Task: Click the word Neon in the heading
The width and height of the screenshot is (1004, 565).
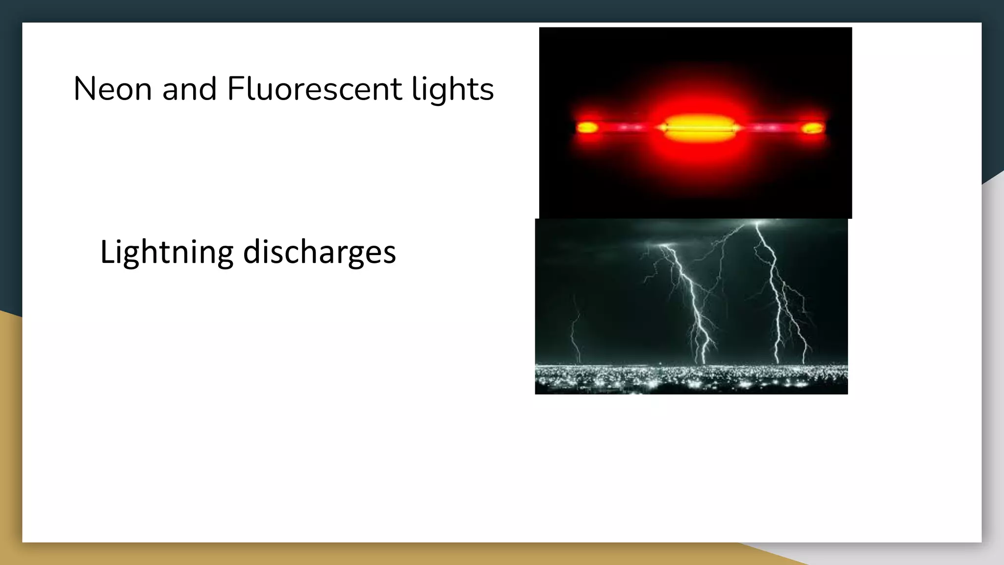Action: pos(112,89)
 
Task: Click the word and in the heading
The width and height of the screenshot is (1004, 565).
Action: pos(189,89)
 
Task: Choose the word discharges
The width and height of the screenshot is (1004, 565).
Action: pos(319,252)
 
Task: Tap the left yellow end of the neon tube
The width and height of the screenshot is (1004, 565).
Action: pos(586,128)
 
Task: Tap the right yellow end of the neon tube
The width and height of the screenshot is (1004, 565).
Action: pos(813,128)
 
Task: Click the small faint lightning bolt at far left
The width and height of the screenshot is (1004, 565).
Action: pos(575,329)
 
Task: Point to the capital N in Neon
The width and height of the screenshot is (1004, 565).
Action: pos(84,89)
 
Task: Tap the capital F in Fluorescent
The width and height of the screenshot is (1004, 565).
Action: pos(235,89)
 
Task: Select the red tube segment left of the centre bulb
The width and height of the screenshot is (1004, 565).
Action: pos(627,128)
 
